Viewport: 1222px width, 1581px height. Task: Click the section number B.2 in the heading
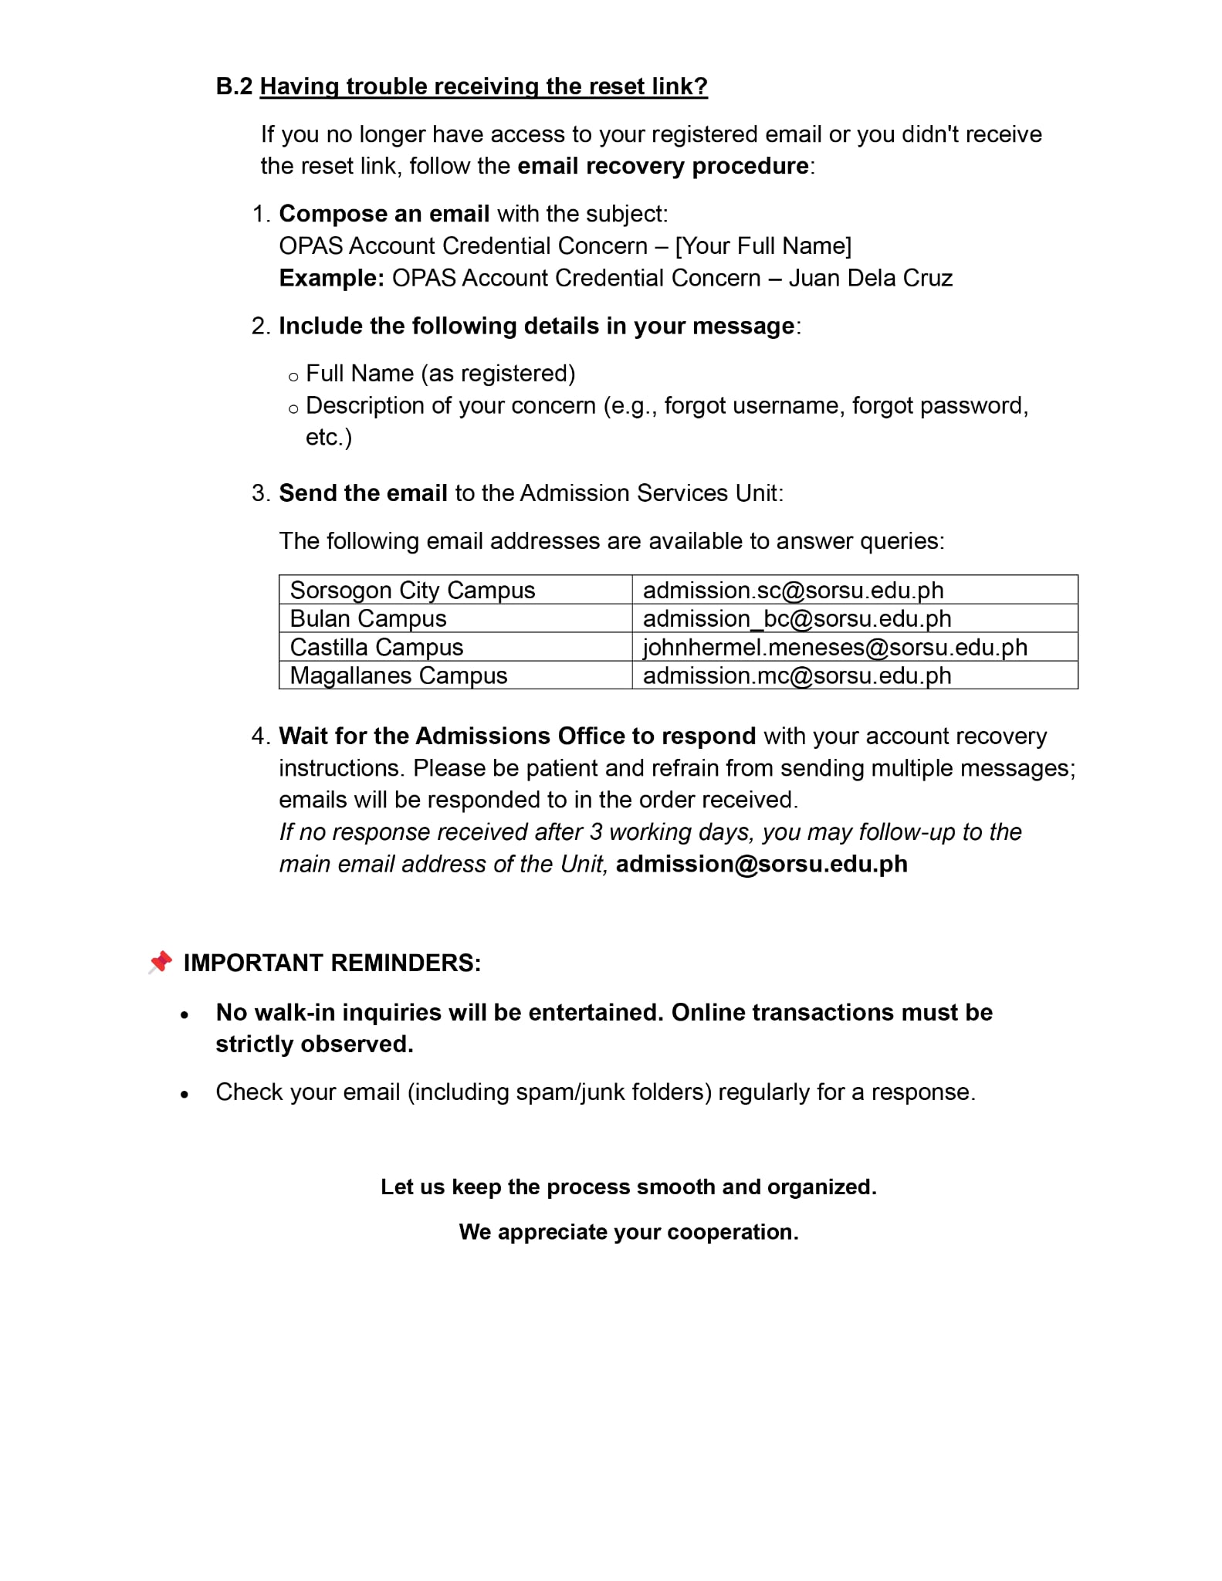(234, 86)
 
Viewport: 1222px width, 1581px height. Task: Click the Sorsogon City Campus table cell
(412, 591)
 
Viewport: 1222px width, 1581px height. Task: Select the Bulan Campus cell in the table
(368, 619)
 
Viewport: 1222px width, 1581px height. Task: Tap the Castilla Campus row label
(376, 648)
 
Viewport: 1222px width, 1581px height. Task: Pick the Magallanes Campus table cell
(398, 676)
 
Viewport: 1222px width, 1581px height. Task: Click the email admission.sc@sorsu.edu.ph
(793, 591)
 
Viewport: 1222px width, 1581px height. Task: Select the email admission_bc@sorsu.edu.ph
(797, 619)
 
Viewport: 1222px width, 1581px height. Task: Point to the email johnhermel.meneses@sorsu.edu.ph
(834, 648)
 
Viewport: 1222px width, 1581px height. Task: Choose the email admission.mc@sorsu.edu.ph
(797, 676)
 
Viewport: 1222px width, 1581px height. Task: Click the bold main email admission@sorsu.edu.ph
(761, 864)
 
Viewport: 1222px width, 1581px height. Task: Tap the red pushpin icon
(160, 962)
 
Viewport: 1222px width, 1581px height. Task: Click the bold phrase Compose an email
(384, 214)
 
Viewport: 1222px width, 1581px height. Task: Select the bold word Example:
(331, 278)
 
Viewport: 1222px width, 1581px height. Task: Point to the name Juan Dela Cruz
(870, 278)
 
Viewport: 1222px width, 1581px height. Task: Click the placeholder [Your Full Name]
(763, 246)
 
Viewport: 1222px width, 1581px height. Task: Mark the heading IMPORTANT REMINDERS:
(332, 963)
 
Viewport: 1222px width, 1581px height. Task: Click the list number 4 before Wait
(259, 736)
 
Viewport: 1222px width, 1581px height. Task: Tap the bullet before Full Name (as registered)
(293, 377)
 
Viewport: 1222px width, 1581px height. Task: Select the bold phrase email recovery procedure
(662, 167)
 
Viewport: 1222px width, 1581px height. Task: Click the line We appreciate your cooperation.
(628, 1232)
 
